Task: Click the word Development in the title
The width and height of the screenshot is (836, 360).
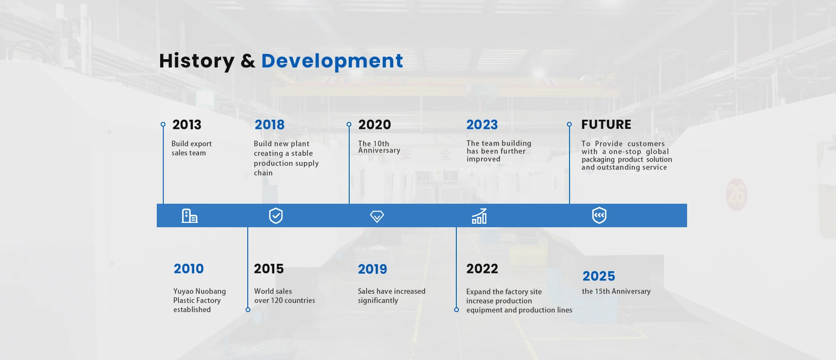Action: tap(332, 61)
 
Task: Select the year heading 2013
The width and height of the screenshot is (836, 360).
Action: tap(187, 125)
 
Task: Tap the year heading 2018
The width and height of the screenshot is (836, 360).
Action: tap(270, 125)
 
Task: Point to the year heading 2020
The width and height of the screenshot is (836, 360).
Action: tap(374, 125)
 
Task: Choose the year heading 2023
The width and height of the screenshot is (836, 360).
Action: tap(482, 125)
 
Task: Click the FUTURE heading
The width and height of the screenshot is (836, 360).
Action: tap(606, 125)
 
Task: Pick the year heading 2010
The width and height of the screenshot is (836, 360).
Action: tap(189, 269)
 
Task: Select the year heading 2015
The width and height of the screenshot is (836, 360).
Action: tap(269, 269)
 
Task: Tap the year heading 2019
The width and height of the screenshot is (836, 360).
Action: tap(372, 269)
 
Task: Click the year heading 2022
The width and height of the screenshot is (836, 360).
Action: tap(482, 269)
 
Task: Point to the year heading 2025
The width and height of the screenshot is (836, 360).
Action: tap(599, 276)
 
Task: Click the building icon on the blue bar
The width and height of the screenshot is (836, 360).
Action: tap(189, 216)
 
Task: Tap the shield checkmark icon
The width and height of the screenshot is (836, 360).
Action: tap(276, 215)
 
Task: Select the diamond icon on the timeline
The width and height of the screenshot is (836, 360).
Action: tap(377, 216)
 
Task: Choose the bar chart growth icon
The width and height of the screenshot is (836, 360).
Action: tap(479, 216)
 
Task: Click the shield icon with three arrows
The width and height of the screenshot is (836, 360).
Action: tap(599, 215)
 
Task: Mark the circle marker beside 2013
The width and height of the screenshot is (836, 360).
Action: tap(163, 124)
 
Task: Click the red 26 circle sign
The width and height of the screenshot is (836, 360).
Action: tap(736, 195)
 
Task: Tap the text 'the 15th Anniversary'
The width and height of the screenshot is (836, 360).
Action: tap(616, 291)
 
